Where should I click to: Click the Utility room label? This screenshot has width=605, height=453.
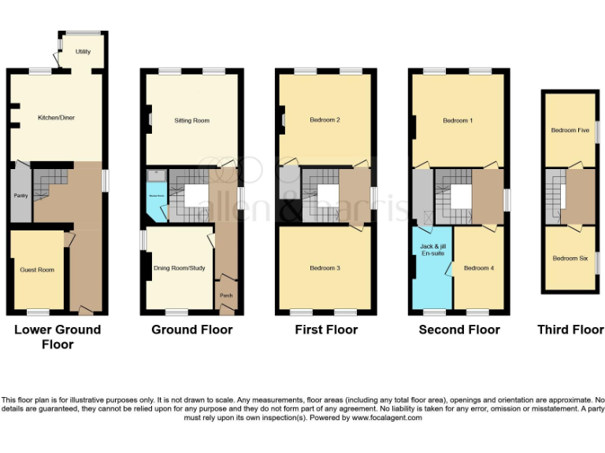(x=83, y=52)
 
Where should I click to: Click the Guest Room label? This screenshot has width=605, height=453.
(x=37, y=270)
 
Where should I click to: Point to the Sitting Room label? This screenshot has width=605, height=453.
(x=191, y=120)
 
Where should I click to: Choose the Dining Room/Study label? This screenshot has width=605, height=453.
(x=179, y=268)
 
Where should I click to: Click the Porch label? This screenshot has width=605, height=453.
(x=226, y=296)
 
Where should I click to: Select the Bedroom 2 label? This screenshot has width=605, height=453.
(x=325, y=120)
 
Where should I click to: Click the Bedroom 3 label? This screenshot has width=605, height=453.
(x=325, y=268)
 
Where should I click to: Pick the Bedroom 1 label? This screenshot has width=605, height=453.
(x=458, y=120)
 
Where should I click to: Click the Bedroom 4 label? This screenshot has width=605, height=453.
(x=478, y=268)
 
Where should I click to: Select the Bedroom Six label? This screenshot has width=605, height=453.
(x=570, y=258)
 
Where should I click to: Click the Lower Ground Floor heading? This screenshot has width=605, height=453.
(x=58, y=337)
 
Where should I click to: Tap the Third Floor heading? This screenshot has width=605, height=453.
(x=570, y=330)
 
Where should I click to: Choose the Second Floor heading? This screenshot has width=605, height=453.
(x=459, y=330)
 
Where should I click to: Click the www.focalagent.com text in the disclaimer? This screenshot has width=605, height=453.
(x=385, y=418)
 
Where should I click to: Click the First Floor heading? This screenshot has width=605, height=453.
(x=326, y=330)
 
